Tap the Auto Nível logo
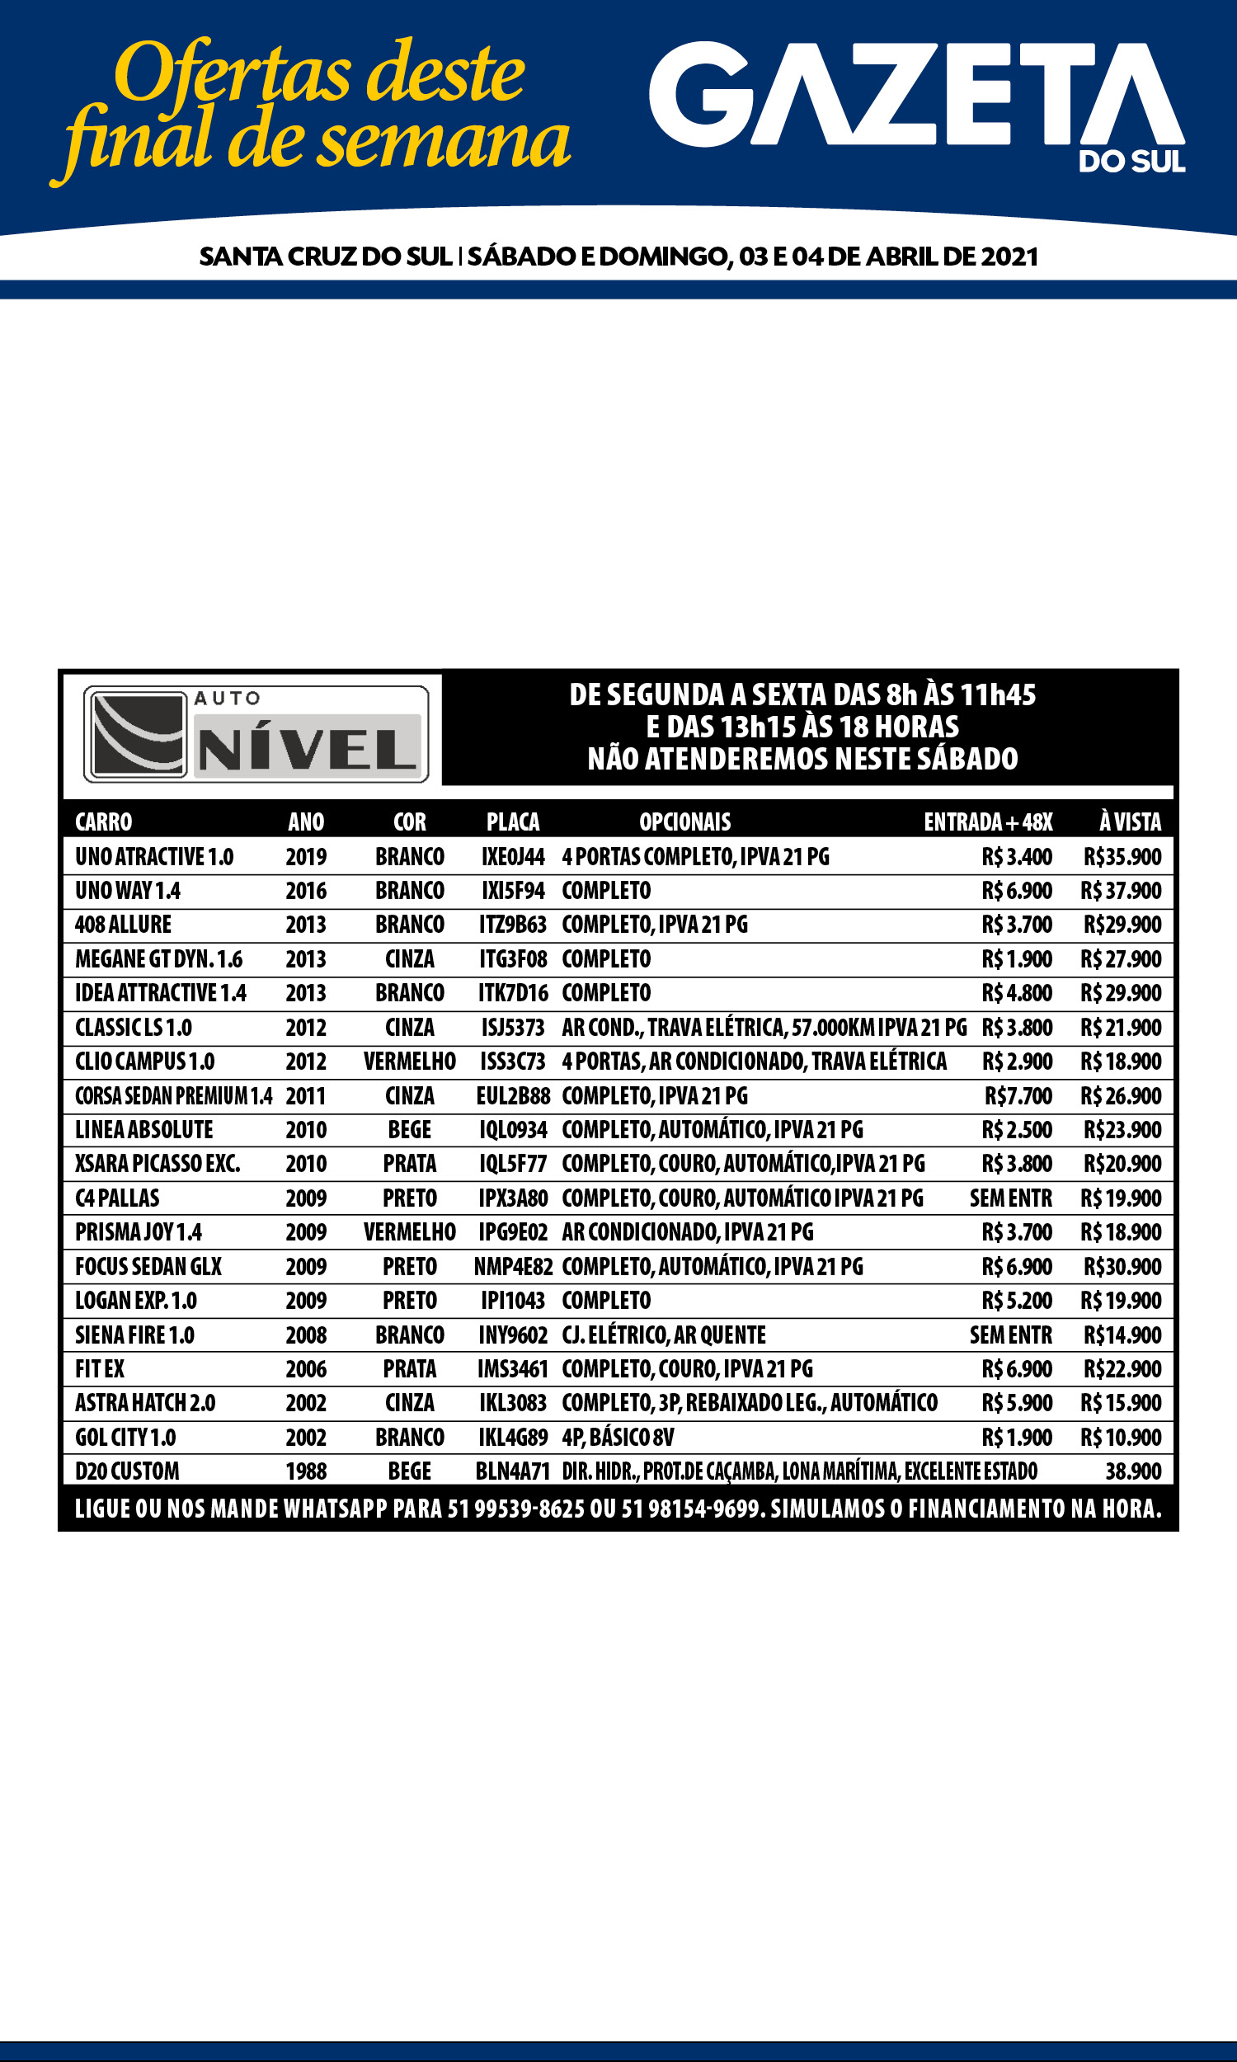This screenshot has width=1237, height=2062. click(x=256, y=733)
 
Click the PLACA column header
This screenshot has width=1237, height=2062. click(x=513, y=822)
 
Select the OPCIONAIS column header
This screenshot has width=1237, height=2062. click(x=684, y=822)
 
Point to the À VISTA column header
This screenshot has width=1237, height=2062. click(x=1130, y=822)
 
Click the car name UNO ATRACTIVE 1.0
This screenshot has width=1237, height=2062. click(x=154, y=857)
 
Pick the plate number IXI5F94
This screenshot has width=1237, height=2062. click(x=513, y=891)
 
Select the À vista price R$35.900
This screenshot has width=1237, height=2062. click(x=1122, y=857)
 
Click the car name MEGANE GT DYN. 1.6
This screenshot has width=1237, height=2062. click(x=158, y=959)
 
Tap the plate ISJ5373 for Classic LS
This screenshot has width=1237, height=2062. click(x=513, y=1028)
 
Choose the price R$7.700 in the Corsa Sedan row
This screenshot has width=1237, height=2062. click(x=1018, y=1096)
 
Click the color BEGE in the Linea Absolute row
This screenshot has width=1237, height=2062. click(x=409, y=1130)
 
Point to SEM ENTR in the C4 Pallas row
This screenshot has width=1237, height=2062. click(x=1010, y=1198)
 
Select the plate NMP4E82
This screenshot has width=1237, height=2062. click(x=513, y=1267)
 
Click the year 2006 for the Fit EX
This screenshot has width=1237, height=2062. click(x=306, y=1368)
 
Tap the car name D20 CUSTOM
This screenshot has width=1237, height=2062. click(x=127, y=1471)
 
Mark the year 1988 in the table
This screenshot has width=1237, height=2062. click(x=306, y=1471)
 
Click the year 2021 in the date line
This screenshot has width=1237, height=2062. click(x=1009, y=257)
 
